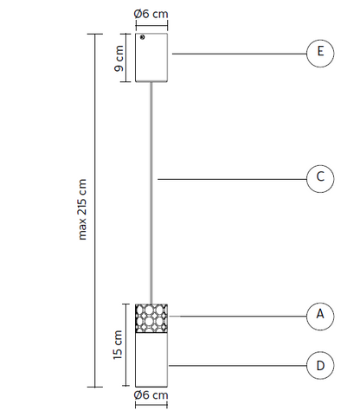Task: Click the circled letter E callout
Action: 320,54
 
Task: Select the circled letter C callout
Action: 320,179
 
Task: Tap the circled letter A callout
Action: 320,316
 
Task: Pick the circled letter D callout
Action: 320,365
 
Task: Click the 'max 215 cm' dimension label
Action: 82,209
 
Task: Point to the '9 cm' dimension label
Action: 119,59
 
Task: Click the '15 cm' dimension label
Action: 118,345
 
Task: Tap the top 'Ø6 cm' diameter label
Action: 151,14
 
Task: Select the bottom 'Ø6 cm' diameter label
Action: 151,395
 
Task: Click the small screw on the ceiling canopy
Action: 142,37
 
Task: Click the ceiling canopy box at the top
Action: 151,58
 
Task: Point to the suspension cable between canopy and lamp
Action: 151,193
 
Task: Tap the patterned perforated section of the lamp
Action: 151,318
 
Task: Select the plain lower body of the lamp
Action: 151,360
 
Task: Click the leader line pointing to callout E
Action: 240,54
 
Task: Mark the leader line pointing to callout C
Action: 232,179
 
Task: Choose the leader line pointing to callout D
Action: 238,366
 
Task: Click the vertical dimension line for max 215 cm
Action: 95,210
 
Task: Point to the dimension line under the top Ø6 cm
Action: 151,25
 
